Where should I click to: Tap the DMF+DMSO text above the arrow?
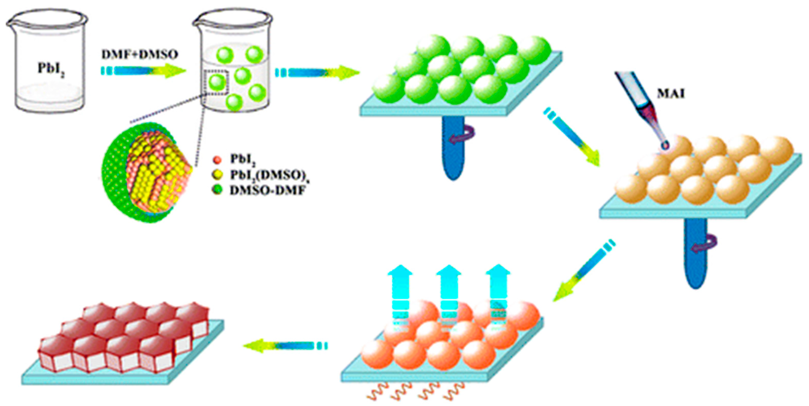(139, 55)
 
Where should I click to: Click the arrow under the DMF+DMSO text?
(143, 70)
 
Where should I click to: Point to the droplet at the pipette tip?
(664, 145)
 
